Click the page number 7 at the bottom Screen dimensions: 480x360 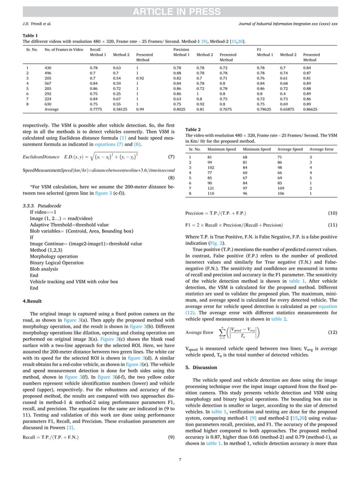point(180,460)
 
